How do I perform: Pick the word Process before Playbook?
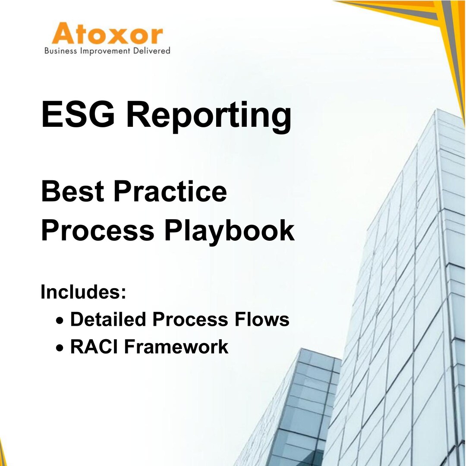pos(98,230)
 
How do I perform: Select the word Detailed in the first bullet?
pos(108,320)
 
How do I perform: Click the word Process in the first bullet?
pos(190,320)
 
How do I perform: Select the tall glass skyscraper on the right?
pos(401,280)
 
